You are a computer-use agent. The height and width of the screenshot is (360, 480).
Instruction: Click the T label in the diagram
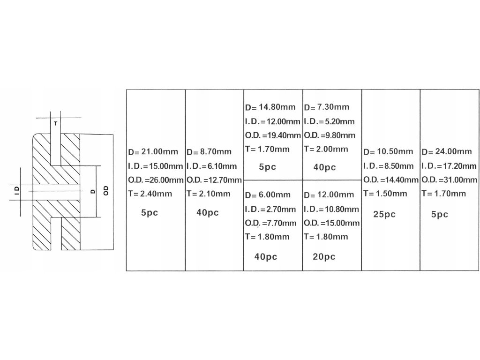click(x=55, y=124)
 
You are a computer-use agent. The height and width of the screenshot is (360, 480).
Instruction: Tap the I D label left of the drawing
click(x=16, y=190)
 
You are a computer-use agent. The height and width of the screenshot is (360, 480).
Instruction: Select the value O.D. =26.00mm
click(x=156, y=180)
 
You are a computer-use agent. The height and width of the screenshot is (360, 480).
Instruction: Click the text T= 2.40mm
click(x=150, y=194)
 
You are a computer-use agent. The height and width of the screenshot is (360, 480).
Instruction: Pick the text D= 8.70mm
click(x=209, y=152)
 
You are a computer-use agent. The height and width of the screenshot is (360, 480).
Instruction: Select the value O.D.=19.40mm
click(x=272, y=135)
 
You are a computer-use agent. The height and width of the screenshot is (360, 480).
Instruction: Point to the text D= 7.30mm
click(x=327, y=107)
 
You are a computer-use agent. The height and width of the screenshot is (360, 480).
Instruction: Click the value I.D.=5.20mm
click(x=329, y=121)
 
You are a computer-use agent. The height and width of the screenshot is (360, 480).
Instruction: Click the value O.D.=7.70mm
click(x=270, y=223)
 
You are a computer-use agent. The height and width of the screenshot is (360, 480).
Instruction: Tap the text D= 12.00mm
click(x=329, y=195)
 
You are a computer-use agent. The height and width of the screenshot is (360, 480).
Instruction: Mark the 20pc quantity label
click(x=324, y=256)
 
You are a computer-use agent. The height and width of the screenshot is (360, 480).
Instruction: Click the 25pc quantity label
click(x=384, y=214)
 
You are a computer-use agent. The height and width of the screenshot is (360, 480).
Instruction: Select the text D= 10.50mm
click(x=388, y=152)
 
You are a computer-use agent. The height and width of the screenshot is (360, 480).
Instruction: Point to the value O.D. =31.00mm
click(x=449, y=180)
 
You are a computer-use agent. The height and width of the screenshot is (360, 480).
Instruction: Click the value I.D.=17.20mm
click(x=449, y=166)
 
